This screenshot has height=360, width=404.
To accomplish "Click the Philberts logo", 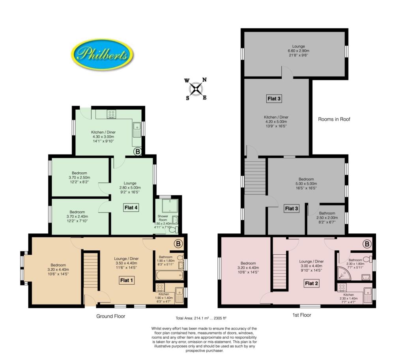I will [103, 54].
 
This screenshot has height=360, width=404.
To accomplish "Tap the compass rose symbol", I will [196, 89].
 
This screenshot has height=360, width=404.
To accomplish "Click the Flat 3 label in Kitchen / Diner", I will [274, 99].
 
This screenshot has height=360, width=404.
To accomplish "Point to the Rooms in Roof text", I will [334, 119].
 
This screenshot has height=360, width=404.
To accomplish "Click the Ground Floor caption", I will [111, 316].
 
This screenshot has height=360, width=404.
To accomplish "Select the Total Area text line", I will [201, 318].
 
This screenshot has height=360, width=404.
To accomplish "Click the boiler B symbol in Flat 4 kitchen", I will [137, 151].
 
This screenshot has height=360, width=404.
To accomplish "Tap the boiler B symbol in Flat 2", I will [367, 244].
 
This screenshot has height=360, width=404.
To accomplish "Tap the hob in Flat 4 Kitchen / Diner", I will [111, 114].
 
